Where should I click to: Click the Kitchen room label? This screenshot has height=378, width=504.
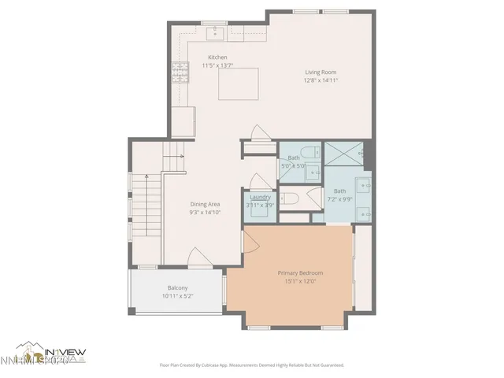[x=217, y=57]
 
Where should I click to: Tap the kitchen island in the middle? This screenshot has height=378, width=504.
[x=239, y=83]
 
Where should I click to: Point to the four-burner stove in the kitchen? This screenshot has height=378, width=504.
[x=177, y=74]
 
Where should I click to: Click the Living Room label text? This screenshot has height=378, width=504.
[x=321, y=72]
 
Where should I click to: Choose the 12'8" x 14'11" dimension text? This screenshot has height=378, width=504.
[x=321, y=80]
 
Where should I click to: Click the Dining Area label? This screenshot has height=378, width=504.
[x=205, y=204]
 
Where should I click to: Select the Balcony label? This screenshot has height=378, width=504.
[x=177, y=287]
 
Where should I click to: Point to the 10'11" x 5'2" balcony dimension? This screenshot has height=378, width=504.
[x=177, y=295]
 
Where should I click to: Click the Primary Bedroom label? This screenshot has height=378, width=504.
[x=300, y=273]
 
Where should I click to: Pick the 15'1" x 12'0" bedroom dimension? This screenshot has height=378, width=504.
[x=300, y=281]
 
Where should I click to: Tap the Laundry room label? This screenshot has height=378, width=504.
[x=261, y=198]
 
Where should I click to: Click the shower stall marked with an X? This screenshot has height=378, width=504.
[x=343, y=154]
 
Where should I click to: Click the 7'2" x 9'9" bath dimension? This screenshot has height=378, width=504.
[x=339, y=198]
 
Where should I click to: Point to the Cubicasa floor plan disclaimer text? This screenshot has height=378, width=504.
[x=252, y=365]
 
